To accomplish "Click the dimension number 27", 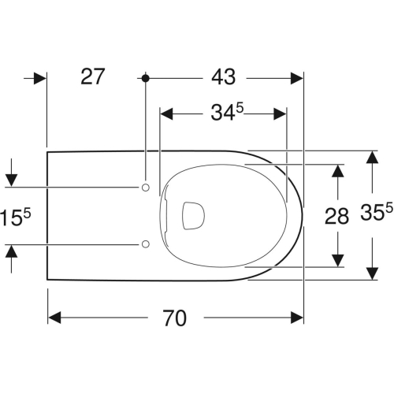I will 93,77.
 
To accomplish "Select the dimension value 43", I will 223,77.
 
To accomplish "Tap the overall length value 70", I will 175,318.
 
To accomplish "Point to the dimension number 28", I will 337,216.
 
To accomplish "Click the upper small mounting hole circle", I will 145,187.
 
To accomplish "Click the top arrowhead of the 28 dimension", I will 337,170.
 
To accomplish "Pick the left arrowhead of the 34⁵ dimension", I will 166,113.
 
